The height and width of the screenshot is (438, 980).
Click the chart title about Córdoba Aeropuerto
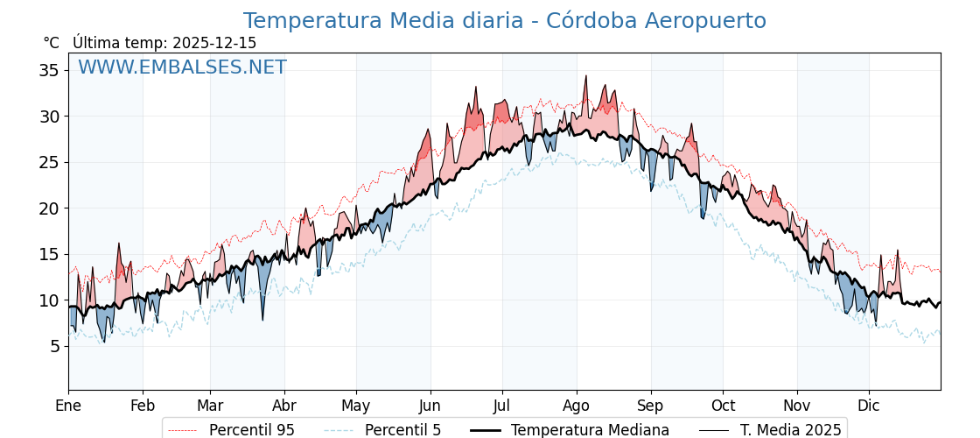coord(504,21)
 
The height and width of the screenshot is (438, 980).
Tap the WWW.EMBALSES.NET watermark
coord(182,67)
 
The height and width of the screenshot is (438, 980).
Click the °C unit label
coord(52,43)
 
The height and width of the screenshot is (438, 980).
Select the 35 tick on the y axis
coord(49,70)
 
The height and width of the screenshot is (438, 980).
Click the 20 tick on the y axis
coord(49,208)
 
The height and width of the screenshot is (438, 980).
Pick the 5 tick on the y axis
coord(54,346)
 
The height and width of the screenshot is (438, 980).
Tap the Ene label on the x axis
coord(68,406)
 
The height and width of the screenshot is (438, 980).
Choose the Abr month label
coord(284,406)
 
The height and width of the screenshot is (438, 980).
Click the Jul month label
coord(502,406)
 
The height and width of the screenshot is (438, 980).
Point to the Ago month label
coord(577,406)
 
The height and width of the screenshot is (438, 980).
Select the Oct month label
coord(723,406)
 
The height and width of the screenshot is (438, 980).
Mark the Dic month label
coord(869,406)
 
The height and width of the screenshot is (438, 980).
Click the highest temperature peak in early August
coord(586,76)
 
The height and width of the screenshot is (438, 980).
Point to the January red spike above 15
coord(119,244)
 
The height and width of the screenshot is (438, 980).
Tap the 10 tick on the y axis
coord(49,300)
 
